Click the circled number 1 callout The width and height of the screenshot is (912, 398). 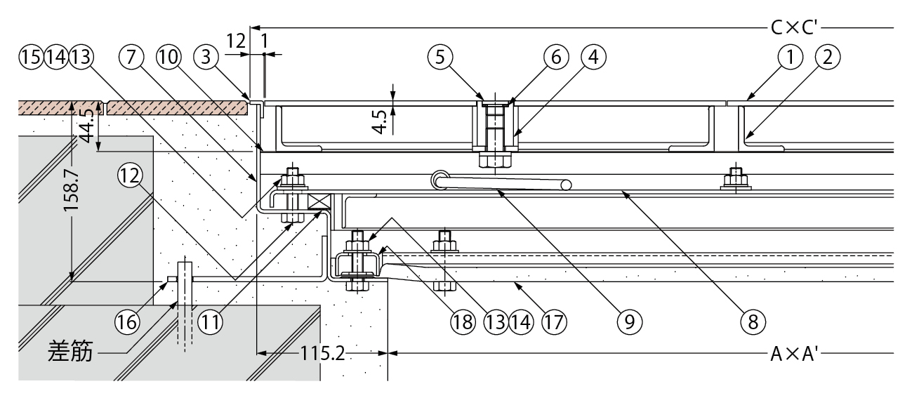click(x=791, y=57)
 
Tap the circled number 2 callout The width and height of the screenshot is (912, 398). click(x=828, y=57)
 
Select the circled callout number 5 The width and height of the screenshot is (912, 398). click(x=440, y=57)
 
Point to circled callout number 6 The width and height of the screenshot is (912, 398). click(x=557, y=57)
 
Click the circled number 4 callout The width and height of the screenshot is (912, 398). click(x=594, y=57)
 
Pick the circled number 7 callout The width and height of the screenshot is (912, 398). click(x=131, y=57)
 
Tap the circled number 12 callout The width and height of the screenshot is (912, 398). click(x=131, y=175)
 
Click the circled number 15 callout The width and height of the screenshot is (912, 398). click(x=31, y=57)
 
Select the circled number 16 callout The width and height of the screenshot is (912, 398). click(x=128, y=322)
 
